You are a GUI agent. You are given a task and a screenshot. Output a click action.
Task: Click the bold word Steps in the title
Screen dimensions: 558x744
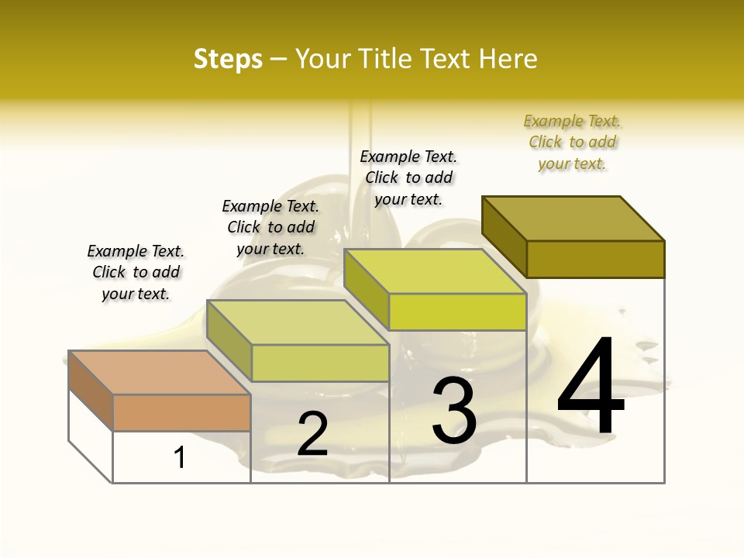[x=228, y=59]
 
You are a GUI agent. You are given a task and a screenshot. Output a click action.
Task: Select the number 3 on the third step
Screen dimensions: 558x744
[x=454, y=411]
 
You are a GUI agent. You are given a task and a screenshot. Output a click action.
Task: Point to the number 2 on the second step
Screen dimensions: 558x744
[x=312, y=435]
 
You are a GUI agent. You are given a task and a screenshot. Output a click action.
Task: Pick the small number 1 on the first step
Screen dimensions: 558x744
[x=180, y=458]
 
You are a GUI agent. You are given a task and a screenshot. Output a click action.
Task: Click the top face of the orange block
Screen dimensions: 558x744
[x=159, y=373]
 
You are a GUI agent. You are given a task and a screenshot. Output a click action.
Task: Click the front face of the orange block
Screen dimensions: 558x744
[x=181, y=413]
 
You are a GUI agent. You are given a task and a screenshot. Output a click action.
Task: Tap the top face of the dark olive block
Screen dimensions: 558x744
[x=573, y=218]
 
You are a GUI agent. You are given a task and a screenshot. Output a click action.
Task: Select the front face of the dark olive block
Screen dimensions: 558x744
[x=595, y=259]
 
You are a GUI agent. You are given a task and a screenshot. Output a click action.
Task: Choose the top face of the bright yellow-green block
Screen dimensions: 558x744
[x=435, y=271]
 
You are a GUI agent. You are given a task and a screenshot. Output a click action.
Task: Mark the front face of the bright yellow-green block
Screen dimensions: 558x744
[x=457, y=312]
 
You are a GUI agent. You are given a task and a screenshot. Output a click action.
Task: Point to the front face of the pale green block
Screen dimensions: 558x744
[x=320, y=363]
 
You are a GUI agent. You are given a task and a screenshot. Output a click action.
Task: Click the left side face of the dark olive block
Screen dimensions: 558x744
[x=504, y=237]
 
